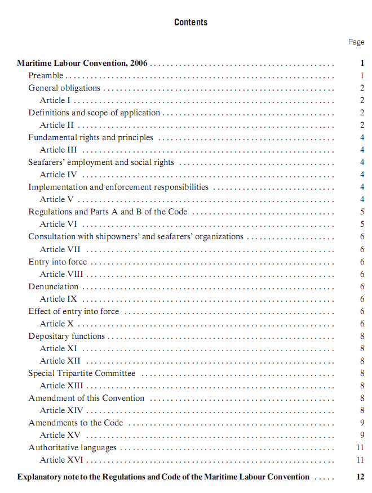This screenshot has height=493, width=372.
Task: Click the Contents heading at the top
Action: [x=191, y=23]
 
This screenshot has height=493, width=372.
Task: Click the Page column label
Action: [x=356, y=42]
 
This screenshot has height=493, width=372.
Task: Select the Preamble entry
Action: [x=46, y=75]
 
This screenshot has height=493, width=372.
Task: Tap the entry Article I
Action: [x=55, y=100]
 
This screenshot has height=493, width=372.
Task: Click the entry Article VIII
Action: [x=61, y=274]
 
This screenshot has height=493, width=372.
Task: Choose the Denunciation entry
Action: [x=54, y=286]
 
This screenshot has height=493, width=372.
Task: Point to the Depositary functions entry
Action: [x=67, y=336]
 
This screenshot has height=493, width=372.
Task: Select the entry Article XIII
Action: [x=61, y=386]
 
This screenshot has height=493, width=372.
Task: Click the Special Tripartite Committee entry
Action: [x=82, y=373]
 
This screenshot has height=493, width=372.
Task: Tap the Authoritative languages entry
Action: [x=73, y=447]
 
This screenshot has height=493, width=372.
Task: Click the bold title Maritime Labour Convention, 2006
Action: [x=82, y=63]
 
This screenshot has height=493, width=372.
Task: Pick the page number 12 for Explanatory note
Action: [x=361, y=477]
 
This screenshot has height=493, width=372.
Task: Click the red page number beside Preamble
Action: [x=362, y=75]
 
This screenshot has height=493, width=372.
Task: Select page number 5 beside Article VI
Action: [x=362, y=224]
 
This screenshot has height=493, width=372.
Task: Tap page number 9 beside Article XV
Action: [x=362, y=435]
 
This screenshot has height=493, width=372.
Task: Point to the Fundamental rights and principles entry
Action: [x=91, y=137]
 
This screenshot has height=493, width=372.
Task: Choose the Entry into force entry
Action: [x=57, y=262]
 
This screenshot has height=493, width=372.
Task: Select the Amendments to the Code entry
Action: [x=76, y=423]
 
